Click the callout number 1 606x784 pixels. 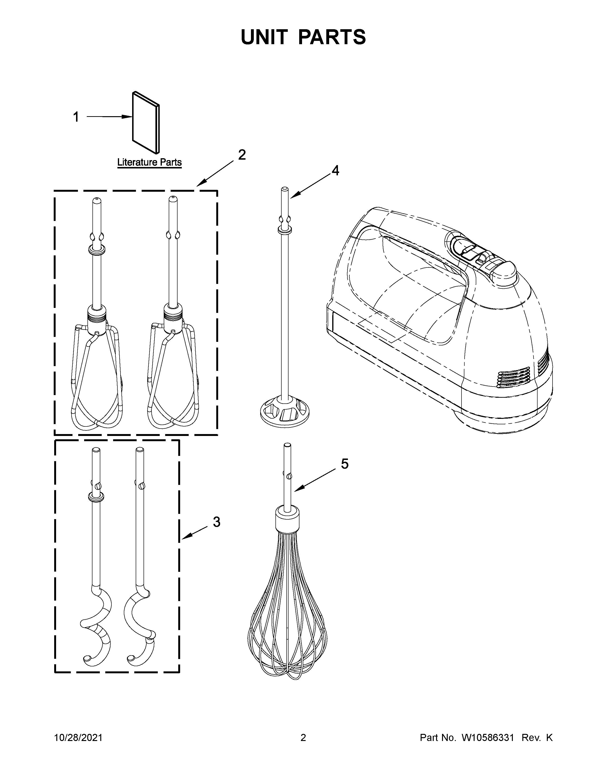(76, 117)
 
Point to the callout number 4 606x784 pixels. (335, 171)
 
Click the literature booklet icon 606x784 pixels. (146, 122)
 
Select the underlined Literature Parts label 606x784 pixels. (149, 162)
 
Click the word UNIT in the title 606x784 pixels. (264, 37)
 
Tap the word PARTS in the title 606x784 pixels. (332, 37)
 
